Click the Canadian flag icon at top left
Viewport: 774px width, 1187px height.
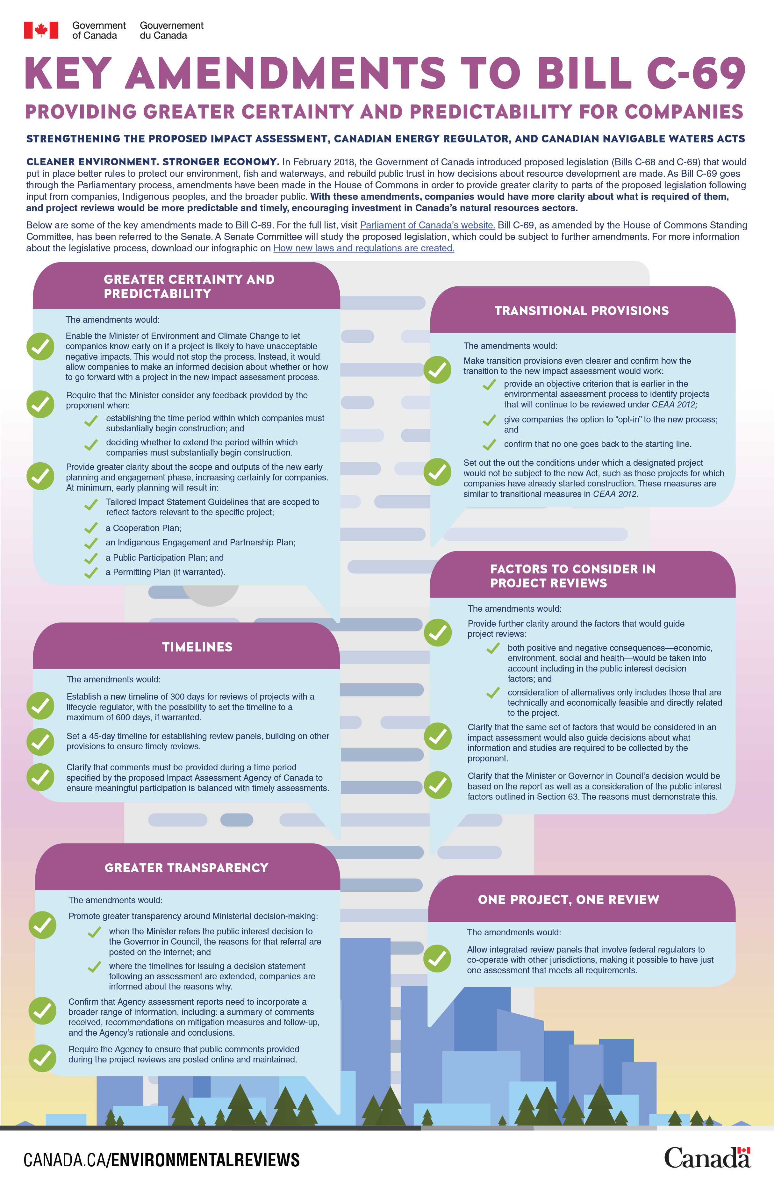click(x=41, y=30)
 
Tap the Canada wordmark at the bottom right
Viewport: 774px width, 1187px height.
click(x=707, y=1158)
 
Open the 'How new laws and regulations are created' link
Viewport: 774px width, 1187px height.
click(x=363, y=248)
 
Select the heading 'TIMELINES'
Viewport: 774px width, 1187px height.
click(x=197, y=647)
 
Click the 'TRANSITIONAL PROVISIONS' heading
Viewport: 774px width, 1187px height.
click(x=582, y=311)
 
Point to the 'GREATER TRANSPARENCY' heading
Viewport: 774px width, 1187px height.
click(x=186, y=868)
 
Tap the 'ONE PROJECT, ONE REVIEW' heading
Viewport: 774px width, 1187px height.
click(x=569, y=900)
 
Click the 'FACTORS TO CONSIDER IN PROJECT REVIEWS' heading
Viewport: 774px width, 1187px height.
click(x=572, y=576)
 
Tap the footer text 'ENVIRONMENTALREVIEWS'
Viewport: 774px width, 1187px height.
click(x=205, y=1160)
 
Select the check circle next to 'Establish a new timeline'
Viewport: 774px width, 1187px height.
click(x=40, y=706)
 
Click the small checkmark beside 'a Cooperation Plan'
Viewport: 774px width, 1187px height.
click(x=91, y=528)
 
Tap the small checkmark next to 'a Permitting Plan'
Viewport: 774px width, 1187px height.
click(x=91, y=572)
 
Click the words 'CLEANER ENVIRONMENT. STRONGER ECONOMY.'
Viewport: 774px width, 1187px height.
click(x=153, y=162)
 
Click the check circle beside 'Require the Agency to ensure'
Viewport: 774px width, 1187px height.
click(x=42, y=1058)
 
